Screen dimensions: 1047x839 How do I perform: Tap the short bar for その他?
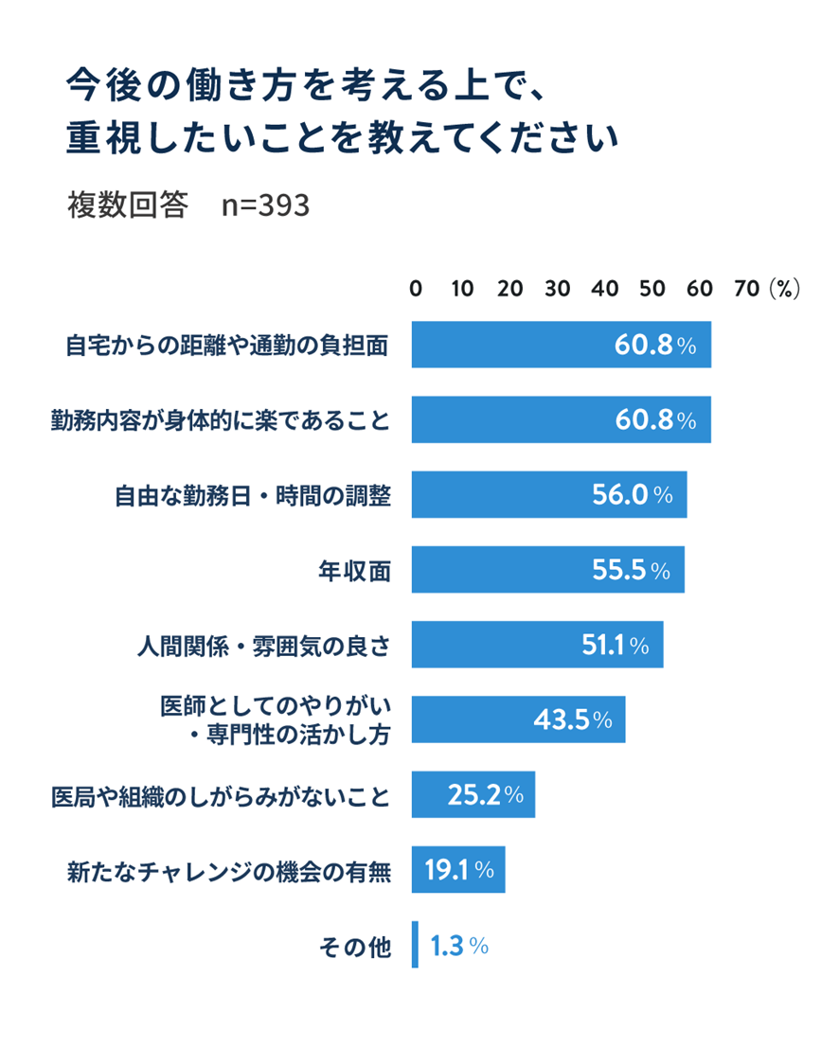click(415, 945)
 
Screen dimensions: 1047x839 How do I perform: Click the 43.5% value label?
click(573, 720)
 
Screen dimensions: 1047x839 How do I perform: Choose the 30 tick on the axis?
click(558, 290)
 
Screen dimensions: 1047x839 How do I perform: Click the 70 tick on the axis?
click(747, 290)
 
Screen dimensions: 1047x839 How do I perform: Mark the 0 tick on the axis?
click(415, 290)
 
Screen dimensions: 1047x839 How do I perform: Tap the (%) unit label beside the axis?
click(785, 290)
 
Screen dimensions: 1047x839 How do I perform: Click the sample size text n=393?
click(265, 204)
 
